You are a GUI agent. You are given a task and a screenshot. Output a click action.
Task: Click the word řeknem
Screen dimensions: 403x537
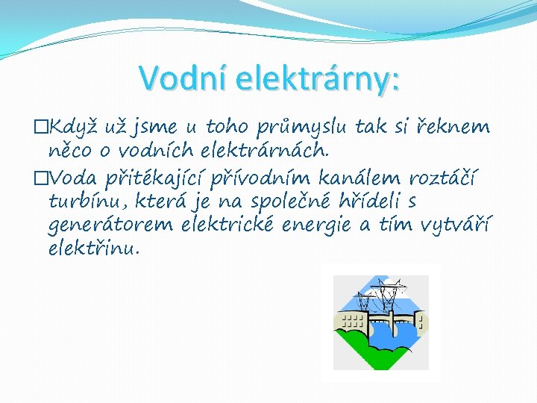(x=457, y=128)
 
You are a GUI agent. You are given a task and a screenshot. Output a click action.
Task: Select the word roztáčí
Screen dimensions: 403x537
(x=445, y=179)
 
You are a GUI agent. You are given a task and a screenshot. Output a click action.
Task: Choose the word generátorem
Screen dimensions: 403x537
(x=111, y=225)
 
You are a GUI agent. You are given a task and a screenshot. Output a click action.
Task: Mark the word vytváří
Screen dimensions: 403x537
(x=456, y=225)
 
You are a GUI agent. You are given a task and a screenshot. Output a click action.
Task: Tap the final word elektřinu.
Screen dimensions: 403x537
(x=92, y=248)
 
